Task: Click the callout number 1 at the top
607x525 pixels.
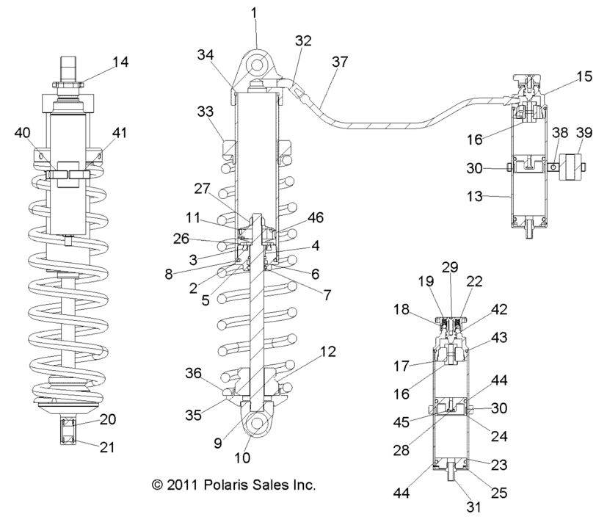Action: [255, 12]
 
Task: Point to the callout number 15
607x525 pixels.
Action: [564, 76]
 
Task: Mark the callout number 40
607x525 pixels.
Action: [23, 133]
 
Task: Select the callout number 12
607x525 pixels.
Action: [328, 352]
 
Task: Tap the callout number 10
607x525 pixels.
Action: [241, 457]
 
